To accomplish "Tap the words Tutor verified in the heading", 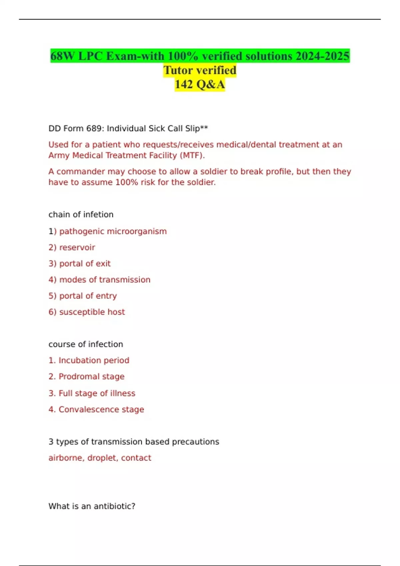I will (x=200, y=70).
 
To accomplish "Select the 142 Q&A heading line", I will (x=200, y=84).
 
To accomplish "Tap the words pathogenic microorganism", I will (x=113, y=231).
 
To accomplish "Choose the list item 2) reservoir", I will (x=72, y=247).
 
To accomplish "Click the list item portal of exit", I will (x=85, y=264).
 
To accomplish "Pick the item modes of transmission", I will (x=105, y=280).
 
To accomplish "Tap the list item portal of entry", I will (x=88, y=296).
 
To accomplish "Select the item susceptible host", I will (x=92, y=312).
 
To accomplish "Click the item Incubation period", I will (x=94, y=360).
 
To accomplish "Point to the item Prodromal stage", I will (x=91, y=377).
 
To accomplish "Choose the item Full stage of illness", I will (x=97, y=393).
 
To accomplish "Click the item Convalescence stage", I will (x=101, y=410).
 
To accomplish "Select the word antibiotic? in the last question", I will (x=114, y=506).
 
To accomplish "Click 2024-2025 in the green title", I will (x=322, y=56).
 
